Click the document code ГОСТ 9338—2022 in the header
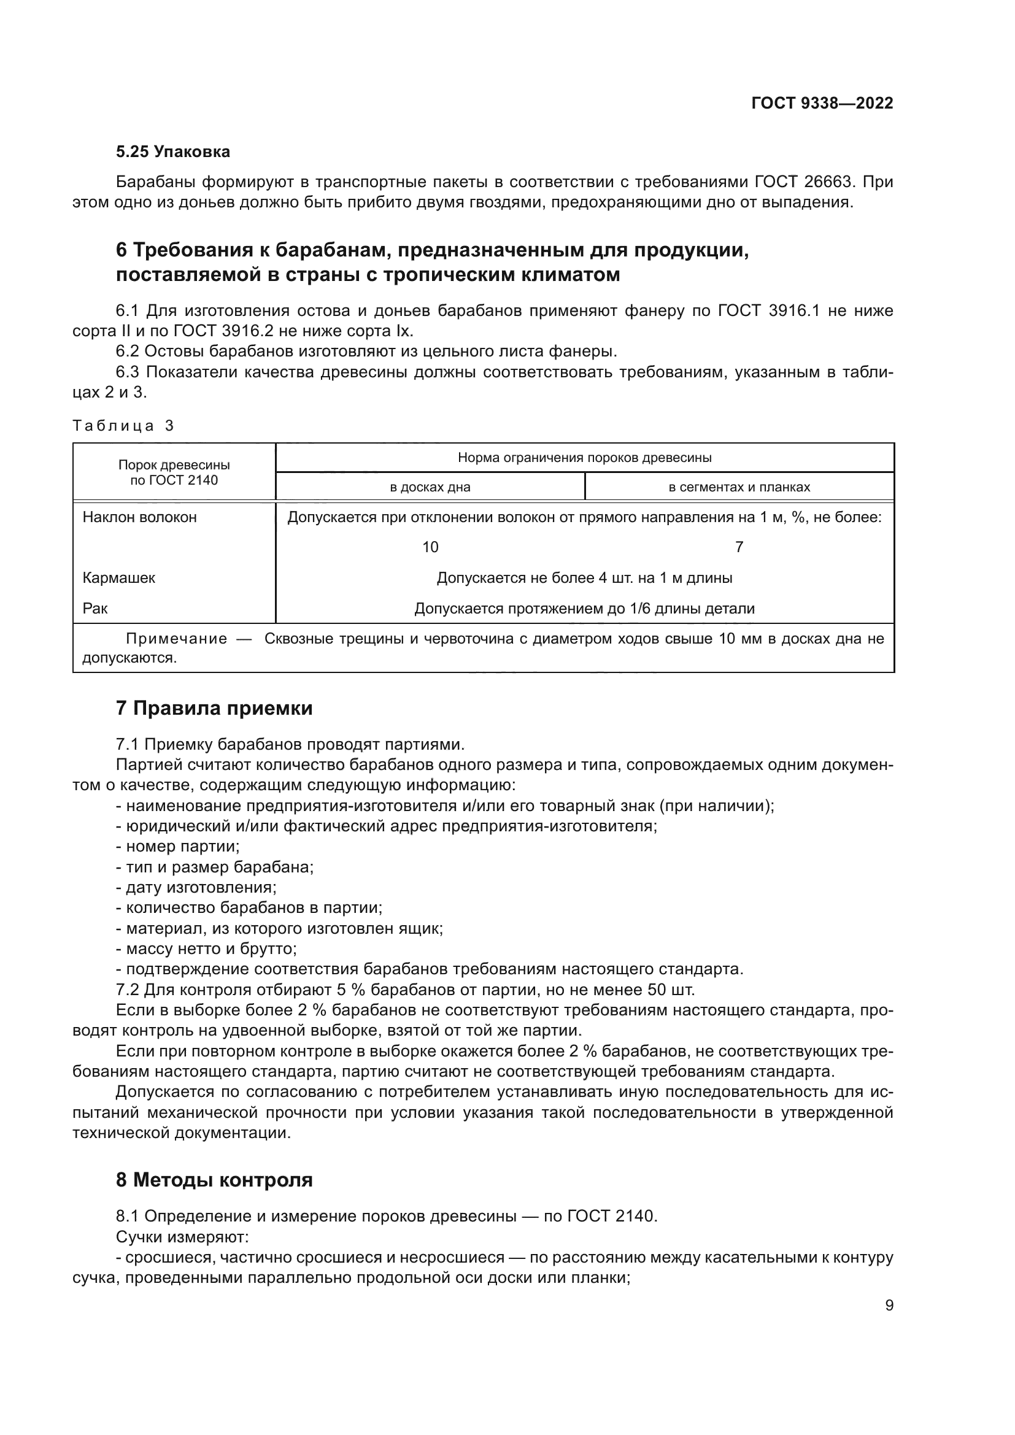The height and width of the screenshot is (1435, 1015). tap(822, 104)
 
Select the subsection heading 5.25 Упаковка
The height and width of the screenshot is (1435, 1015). tap(173, 152)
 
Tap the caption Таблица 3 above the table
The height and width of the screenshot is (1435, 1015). tap(123, 426)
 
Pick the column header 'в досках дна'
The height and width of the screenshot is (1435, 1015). tap(430, 487)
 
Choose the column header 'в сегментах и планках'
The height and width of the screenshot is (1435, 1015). tap(739, 487)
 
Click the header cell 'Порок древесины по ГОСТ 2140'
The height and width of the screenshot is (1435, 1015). tap(174, 472)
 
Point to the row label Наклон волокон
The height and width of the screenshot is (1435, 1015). tap(139, 517)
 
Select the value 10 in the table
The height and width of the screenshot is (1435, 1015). tap(430, 547)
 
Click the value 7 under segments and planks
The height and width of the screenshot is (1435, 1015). tap(739, 547)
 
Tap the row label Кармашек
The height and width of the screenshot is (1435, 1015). tap(119, 577)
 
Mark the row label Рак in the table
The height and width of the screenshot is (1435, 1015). tap(95, 608)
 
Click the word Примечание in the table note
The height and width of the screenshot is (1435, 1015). tap(176, 639)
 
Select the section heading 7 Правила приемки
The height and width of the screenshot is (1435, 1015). tap(214, 708)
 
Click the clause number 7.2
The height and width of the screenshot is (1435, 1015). tap(128, 990)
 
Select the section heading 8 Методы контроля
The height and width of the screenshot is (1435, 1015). tap(214, 1180)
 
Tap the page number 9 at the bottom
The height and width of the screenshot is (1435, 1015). tap(889, 1306)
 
